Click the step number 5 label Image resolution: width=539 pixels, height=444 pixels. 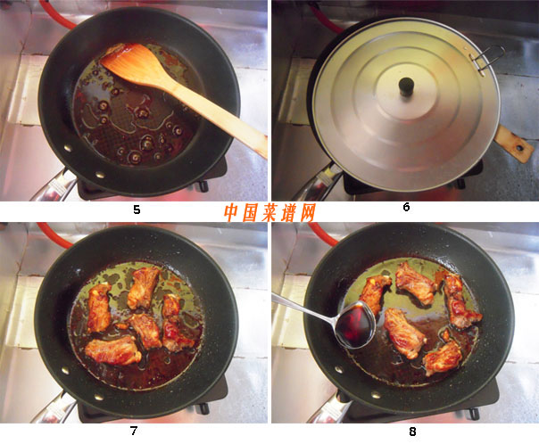(x=137, y=210)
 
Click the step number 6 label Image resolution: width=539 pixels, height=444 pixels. (x=406, y=207)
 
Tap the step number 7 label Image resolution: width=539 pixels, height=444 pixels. (x=134, y=431)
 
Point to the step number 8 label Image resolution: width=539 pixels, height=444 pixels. (x=412, y=432)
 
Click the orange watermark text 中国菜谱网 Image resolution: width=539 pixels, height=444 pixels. (x=269, y=213)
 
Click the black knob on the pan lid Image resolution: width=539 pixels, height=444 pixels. (x=406, y=86)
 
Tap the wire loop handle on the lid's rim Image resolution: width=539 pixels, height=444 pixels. (x=486, y=58)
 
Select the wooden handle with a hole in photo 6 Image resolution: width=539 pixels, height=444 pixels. (x=514, y=144)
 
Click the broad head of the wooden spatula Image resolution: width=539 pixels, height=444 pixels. (x=134, y=64)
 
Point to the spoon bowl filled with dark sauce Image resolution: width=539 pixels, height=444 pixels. (x=355, y=325)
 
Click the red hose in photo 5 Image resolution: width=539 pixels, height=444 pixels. (x=57, y=14)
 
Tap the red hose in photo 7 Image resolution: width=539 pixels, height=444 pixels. (x=55, y=235)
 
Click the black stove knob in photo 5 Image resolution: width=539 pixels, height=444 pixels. (x=203, y=185)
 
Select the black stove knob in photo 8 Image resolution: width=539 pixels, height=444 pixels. (x=475, y=413)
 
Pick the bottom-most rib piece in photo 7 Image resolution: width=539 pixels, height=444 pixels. (x=112, y=350)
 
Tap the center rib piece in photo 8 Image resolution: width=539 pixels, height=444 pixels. (x=404, y=333)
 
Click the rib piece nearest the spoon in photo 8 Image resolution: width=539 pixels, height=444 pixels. (x=376, y=294)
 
